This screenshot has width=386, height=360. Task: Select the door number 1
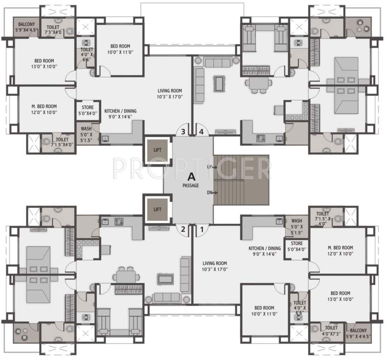[x=202, y=229]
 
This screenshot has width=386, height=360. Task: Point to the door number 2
[x=184, y=229]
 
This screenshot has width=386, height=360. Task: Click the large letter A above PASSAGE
[x=191, y=177]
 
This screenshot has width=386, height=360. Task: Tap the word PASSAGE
[x=191, y=186]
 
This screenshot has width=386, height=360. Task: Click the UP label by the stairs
[x=209, y=167]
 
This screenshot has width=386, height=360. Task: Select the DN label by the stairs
[x=209, y=193]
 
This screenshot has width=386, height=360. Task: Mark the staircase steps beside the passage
[x=241, y=180]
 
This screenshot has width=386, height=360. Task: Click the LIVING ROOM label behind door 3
[x=170, y=93]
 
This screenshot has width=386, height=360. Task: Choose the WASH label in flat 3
[x=86, y=133]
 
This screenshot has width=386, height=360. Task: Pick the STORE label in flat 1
[x=297, y=247]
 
